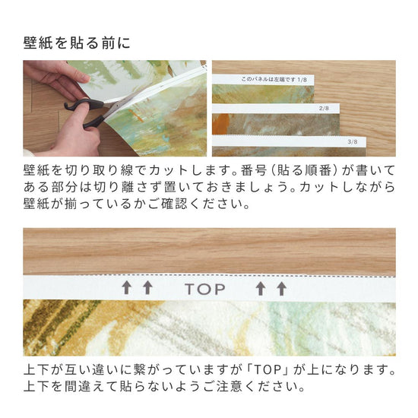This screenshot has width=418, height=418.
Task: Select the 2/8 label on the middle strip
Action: [324, 109]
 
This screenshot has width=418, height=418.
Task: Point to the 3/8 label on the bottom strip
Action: [351, 141]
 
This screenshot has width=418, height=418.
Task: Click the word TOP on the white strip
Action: [205, 289]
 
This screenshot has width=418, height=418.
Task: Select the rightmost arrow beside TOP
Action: [282, 289]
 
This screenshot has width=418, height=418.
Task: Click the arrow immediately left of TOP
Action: [147, 289]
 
